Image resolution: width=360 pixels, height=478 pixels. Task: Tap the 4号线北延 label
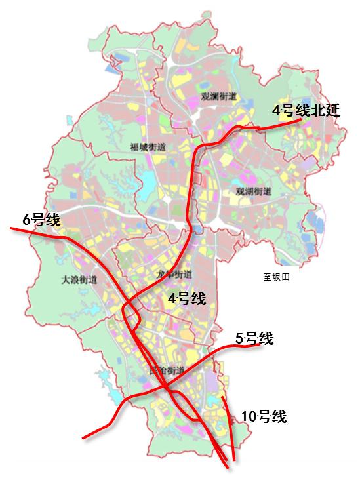click(x=307, y=110)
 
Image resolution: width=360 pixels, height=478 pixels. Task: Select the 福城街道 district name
click(x=148, y=147)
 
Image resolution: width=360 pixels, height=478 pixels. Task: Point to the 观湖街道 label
click(x=252, y=191)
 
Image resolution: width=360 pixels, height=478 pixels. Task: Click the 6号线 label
click(x=41, y=220)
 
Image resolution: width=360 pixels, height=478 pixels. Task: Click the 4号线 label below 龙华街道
click(x=187, y=299)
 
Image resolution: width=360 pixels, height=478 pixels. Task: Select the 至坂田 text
click(x=276, y=277)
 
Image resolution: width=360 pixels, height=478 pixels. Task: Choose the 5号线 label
click(x=254, y=338)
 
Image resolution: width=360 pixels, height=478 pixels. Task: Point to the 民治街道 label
click(x=167, y=371)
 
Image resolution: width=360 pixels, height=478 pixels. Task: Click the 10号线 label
click(x=264, y=416)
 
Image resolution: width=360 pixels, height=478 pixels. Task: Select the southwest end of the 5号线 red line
click(x=83, y=437)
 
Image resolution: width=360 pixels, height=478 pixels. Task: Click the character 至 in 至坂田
click(x=267, y=277)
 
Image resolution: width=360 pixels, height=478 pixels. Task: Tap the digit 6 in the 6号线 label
click(x=27, y=220)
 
